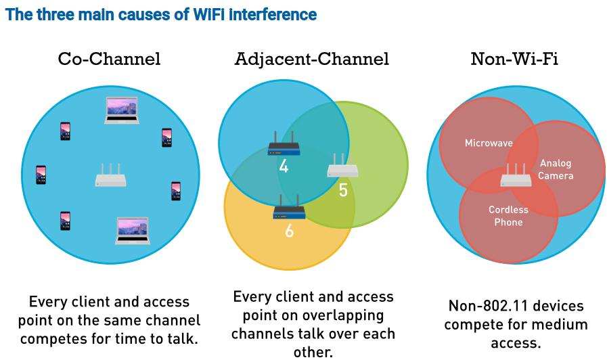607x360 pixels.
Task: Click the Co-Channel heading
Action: click(109, 60)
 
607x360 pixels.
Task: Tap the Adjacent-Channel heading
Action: click(312, 60)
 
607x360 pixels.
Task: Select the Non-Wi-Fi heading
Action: click(514, 60)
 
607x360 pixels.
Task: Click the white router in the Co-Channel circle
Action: click(111, 175)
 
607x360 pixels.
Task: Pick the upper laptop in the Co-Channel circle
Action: click(122, 110)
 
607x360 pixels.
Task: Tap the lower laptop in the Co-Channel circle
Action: click(133, 231)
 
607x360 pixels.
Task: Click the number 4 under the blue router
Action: click(284, 166)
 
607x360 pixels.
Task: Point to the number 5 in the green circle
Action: click(343, 190)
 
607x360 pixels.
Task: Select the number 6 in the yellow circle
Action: click(289, 231)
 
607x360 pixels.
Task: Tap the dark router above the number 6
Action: click(289, 207)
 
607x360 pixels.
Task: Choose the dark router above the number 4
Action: click(284, 143)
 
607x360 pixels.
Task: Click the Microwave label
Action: click(489, 143)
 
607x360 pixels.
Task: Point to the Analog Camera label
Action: click(556, 170)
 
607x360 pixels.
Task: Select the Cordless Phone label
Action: click(508, 216)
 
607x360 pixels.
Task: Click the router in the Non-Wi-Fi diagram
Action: click(516, 175)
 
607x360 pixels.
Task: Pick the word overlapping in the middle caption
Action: click(343, 315)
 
